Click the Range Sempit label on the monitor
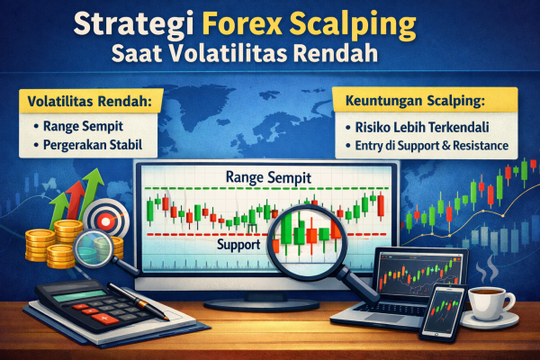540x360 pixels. click(x=268, y=176)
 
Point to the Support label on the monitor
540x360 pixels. click(x=239, y=244)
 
